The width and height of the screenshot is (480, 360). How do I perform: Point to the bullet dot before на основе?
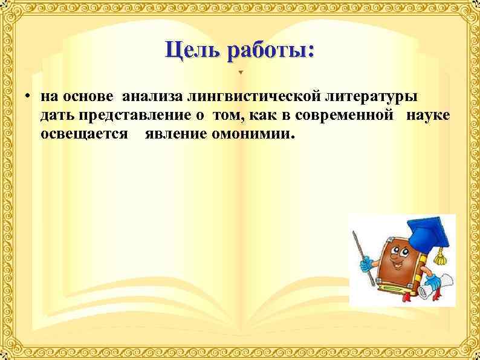pos(28,97)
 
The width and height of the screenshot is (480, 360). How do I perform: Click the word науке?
pos(428,115)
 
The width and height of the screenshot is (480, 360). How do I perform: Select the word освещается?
pos(85,133)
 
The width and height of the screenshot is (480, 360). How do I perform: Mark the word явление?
pos(176,133)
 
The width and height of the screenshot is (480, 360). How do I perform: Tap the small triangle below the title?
pos(240,73)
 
